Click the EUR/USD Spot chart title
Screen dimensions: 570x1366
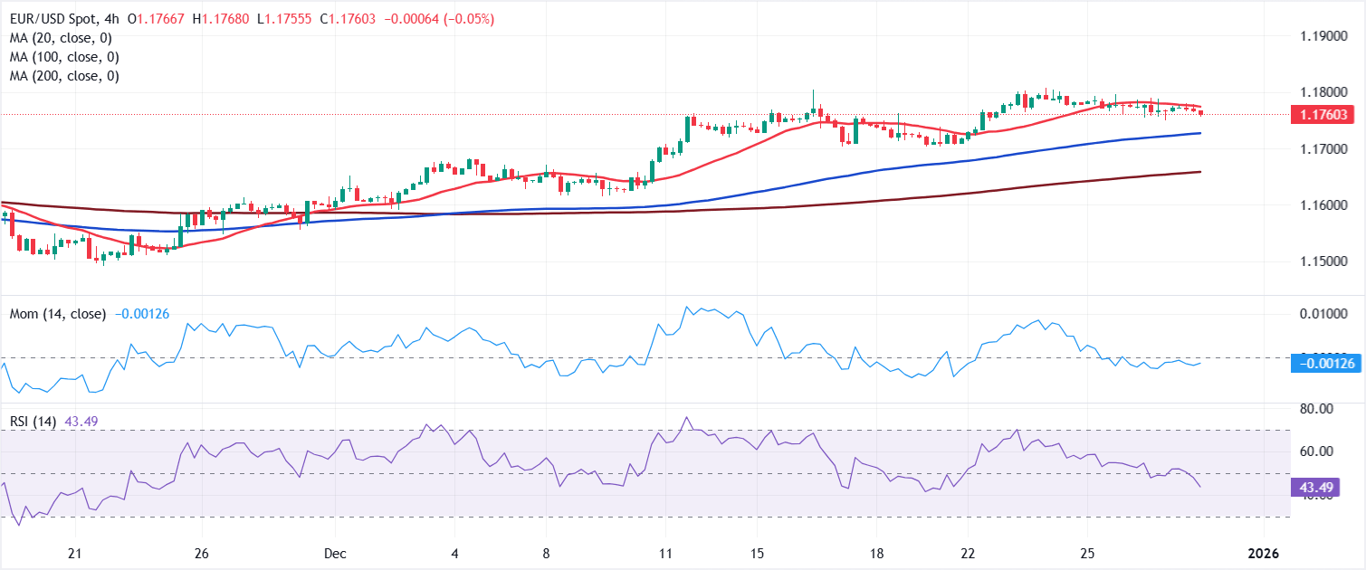(x=62, y=19)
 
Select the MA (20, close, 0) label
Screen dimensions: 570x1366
(x=54, y=38)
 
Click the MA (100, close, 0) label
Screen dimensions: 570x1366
(x=58, y=57)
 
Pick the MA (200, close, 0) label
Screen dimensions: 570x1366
(x=58, y=76)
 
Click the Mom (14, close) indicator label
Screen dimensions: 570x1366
(x=58, y=314)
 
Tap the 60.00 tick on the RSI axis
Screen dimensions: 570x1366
(x=1310, y=451)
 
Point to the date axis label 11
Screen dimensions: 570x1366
(x=666, y=553)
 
